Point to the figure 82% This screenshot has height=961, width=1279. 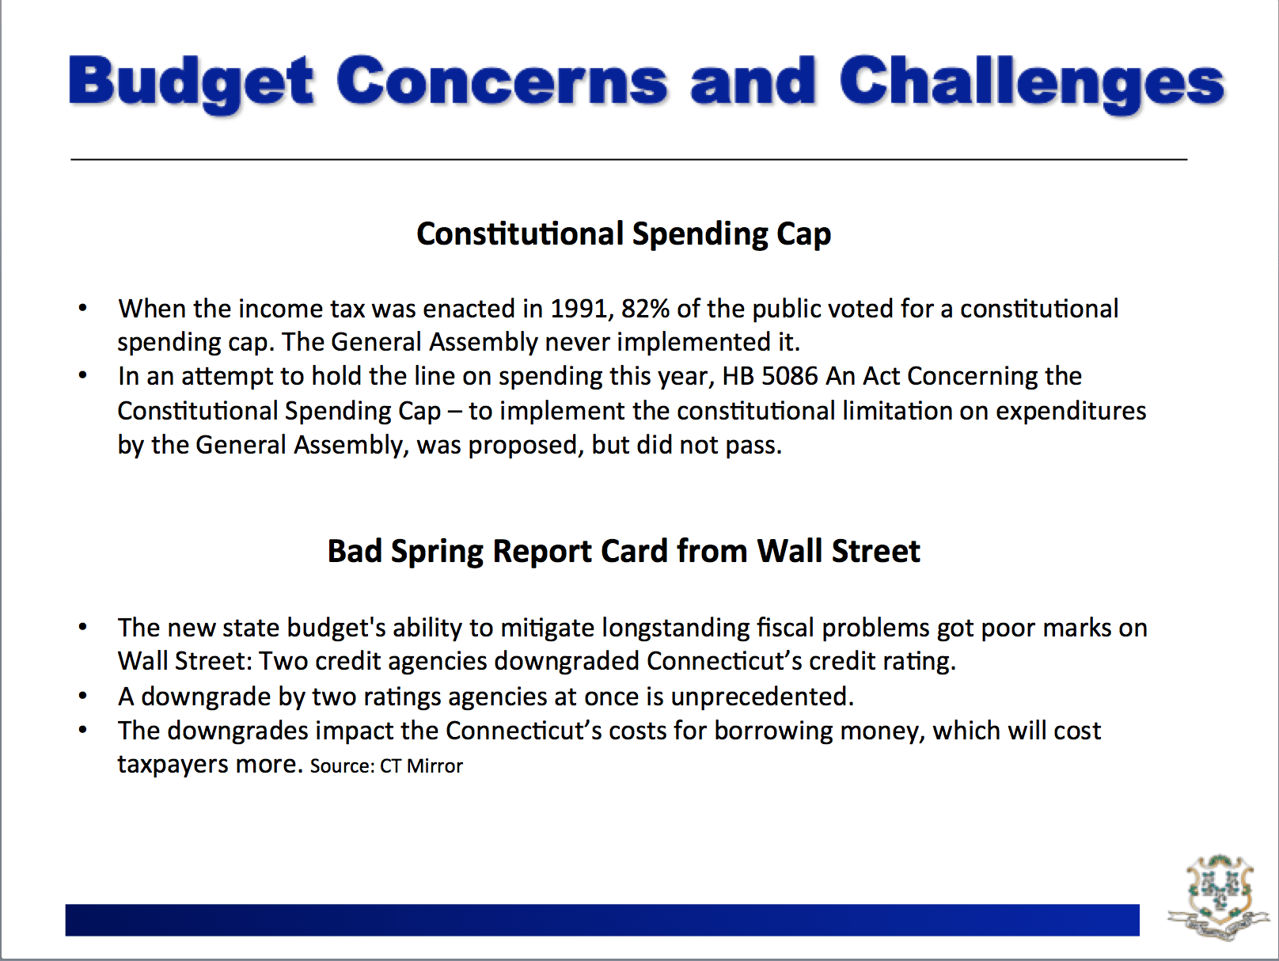coord(646,309)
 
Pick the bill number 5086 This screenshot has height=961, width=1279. coord(790,377)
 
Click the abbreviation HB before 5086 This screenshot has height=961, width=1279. coord(738,377)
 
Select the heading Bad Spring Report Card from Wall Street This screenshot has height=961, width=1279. coord(624,552)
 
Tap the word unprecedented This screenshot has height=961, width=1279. coord(762,697)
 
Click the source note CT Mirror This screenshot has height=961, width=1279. coord(421,765)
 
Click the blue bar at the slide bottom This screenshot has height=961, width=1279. coord(602,920)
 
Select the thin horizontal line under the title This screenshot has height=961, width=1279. coord(628,159)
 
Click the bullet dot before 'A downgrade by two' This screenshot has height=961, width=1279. coord(83,696)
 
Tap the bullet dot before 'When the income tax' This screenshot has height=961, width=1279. coord(83,308)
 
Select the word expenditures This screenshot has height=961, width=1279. coord(1070,412)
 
